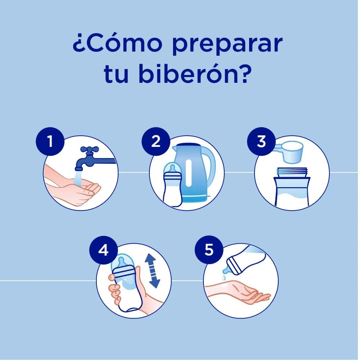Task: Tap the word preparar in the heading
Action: point(227,45)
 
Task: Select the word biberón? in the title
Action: point(194,73)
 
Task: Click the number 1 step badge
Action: point(50,141)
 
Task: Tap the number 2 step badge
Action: point(156,141)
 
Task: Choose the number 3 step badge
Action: point(261,141)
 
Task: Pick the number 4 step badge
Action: point(104,250)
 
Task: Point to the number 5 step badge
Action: point(209,250)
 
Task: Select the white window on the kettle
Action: point(189,173)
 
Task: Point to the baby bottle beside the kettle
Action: point(172,184)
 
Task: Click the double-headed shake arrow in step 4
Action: point(152,271)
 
